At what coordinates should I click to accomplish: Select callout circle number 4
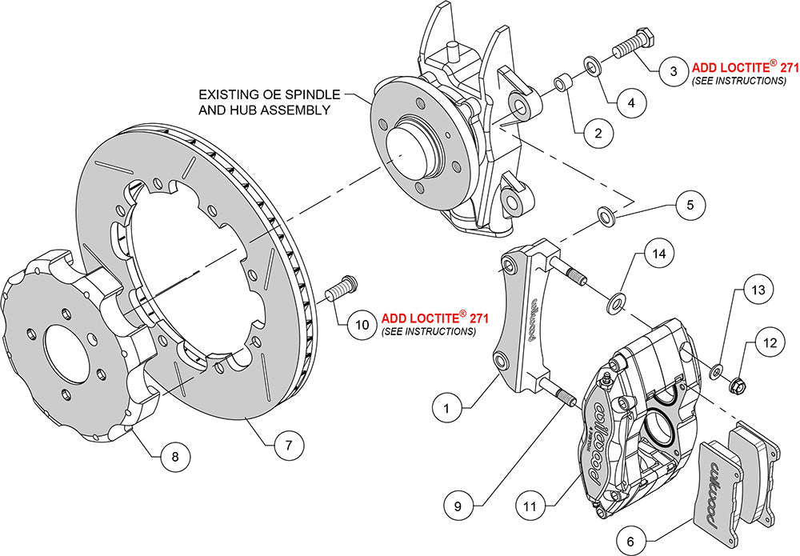(631, 103)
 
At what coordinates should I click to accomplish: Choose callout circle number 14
(657, 255)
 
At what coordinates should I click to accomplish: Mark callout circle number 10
(362, 324)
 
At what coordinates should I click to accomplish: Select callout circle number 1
(447, 408)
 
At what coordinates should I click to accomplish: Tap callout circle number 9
(469, 506)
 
